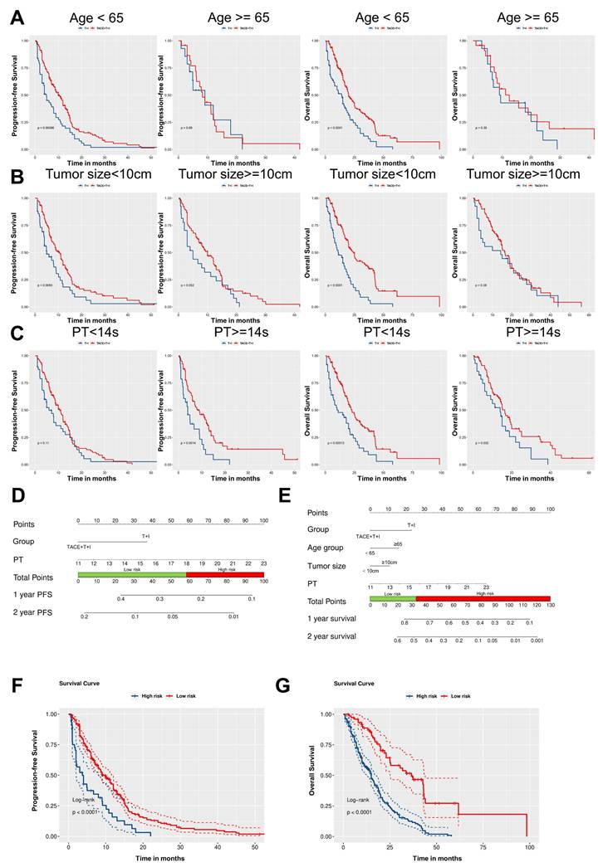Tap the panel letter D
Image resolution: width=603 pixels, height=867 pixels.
pyautogui.click(x=16, y=499)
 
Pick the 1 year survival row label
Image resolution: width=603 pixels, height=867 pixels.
pyautogui.click(x=332, y=619)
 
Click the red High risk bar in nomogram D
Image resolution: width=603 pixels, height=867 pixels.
pyautogui.click(x=225, y=574)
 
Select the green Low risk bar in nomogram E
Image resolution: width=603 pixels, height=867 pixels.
pyautogui.click(x=393, y=597)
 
